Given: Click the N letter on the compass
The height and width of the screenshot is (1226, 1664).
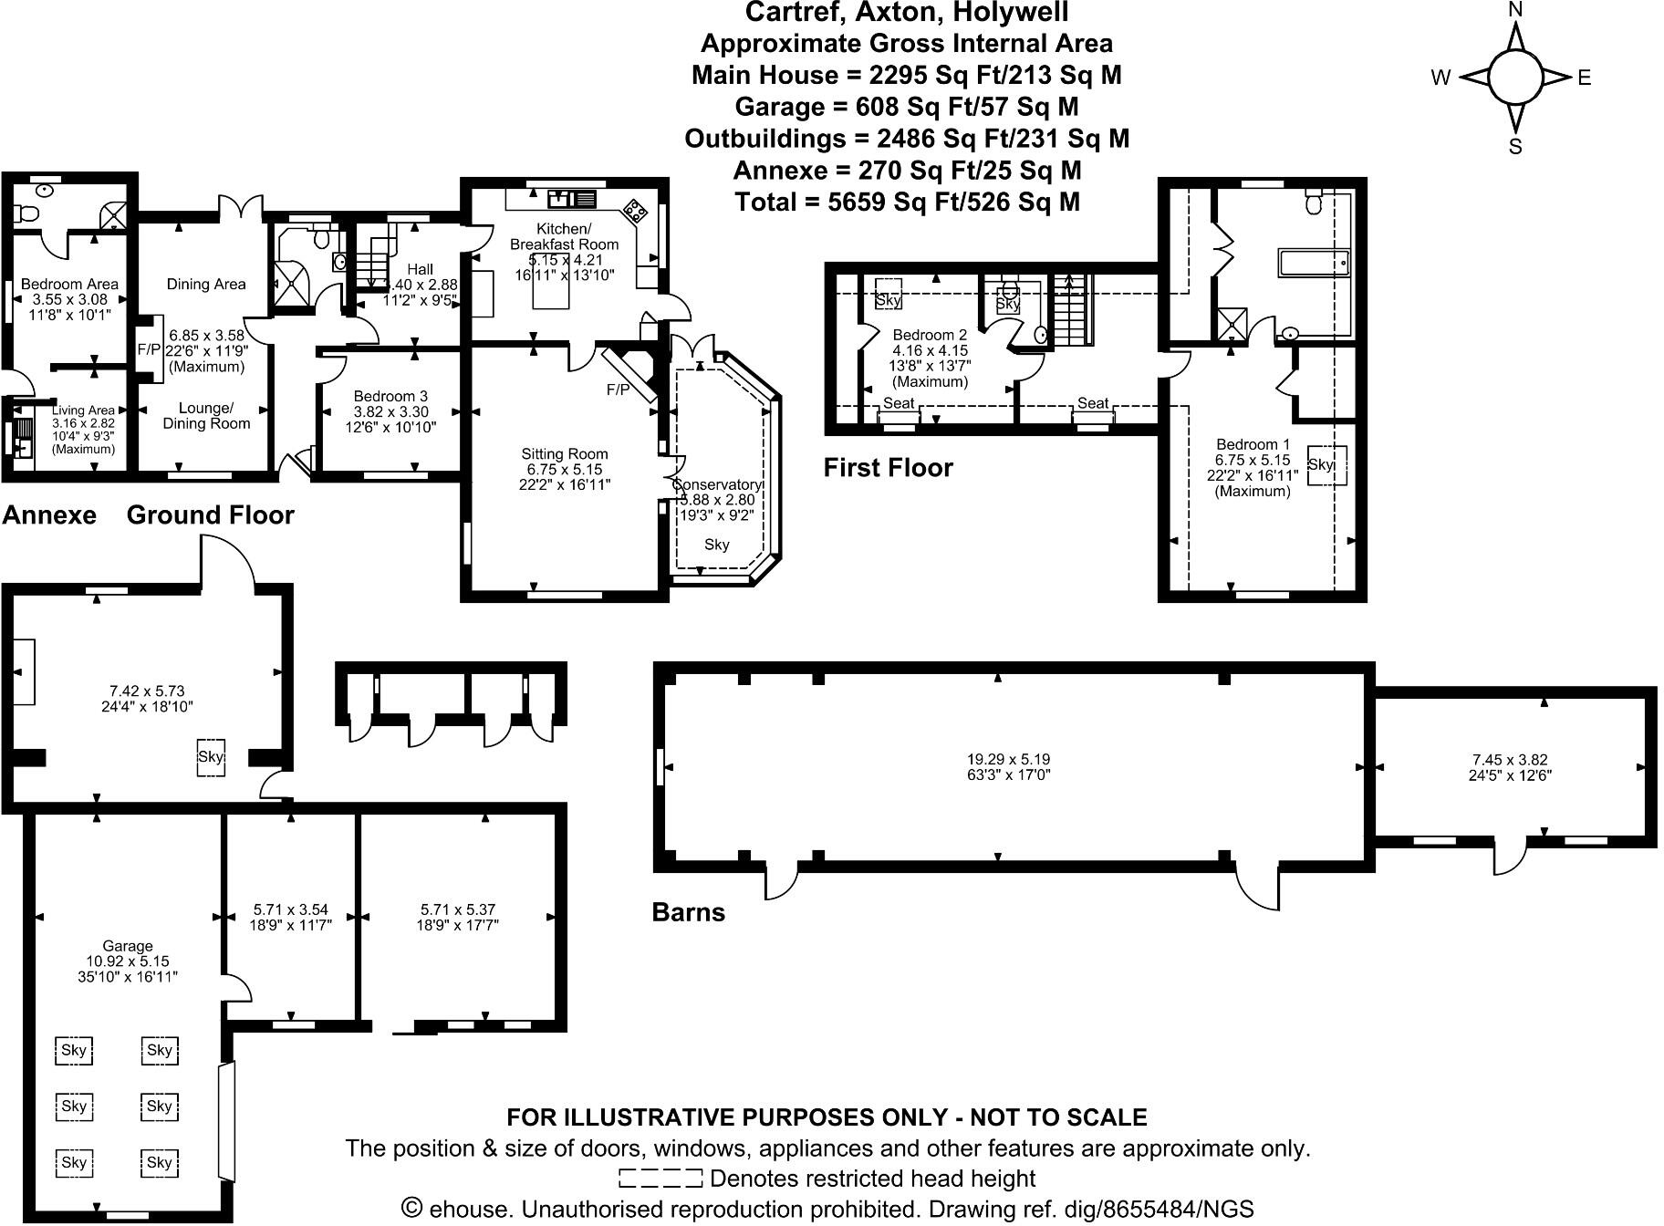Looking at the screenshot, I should [x=1515, y=10].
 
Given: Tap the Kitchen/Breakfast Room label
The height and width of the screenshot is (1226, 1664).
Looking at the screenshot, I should [x=564, y=236].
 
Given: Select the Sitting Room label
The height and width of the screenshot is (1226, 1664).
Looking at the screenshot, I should [x=564, y=453].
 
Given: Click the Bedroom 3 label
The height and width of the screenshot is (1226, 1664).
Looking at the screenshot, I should [x=390, y=396].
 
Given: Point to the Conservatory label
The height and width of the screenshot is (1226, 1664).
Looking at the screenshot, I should [x=718, y=484].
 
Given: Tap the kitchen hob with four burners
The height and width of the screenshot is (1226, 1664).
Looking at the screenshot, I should [x=634, y=211].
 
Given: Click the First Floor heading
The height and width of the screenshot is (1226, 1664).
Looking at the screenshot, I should [x=888, y=468].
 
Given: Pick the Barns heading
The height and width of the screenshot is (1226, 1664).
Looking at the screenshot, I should [x=688, y=912].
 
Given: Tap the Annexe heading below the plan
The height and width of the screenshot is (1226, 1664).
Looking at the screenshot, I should [x=49, y=515].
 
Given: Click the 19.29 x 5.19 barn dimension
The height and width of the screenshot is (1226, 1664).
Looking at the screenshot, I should [x=1002, y=759].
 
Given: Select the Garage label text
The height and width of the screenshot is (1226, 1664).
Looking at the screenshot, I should [x=128, y=946].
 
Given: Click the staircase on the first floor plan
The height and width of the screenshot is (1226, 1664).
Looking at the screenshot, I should [x=1074, y=309].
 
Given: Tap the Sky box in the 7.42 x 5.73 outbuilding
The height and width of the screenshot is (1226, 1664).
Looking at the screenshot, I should [x=211, y=757].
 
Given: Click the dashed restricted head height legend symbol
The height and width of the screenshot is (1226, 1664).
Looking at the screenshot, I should [x=660, y=1179].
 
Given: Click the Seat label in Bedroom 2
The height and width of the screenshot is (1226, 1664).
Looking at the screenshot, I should [x=899, y=402].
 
